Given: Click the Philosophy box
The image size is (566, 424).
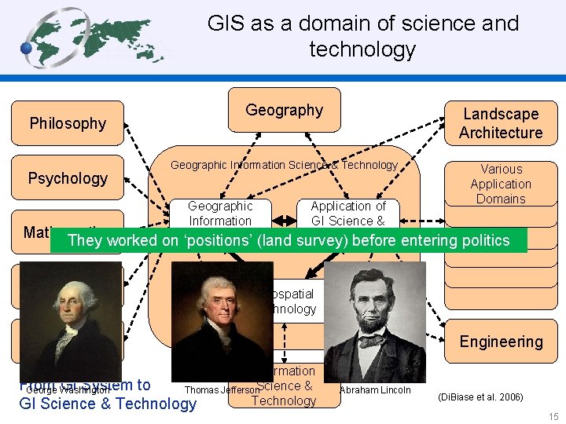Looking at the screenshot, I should pos(68,123).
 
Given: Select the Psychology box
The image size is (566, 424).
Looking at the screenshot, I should pos(68,178).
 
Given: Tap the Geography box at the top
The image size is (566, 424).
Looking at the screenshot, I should pos(284,111).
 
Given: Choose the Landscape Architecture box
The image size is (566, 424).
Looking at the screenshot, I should pos(501,124).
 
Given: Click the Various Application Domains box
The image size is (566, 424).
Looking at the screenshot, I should pos(501,184).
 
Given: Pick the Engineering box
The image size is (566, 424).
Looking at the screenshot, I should pos(501,342).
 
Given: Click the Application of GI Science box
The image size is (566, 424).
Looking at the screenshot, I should pos(347,214).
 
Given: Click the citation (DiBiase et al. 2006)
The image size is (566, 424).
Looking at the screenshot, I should pos(480,397).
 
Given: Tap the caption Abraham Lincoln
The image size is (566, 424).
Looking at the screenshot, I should pos(375,390).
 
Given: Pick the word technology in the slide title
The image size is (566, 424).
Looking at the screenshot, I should pos(362,49).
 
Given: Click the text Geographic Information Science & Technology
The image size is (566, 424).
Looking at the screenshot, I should pos(284,165).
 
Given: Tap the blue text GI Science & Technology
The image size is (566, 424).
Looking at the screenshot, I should pos(108,404).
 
